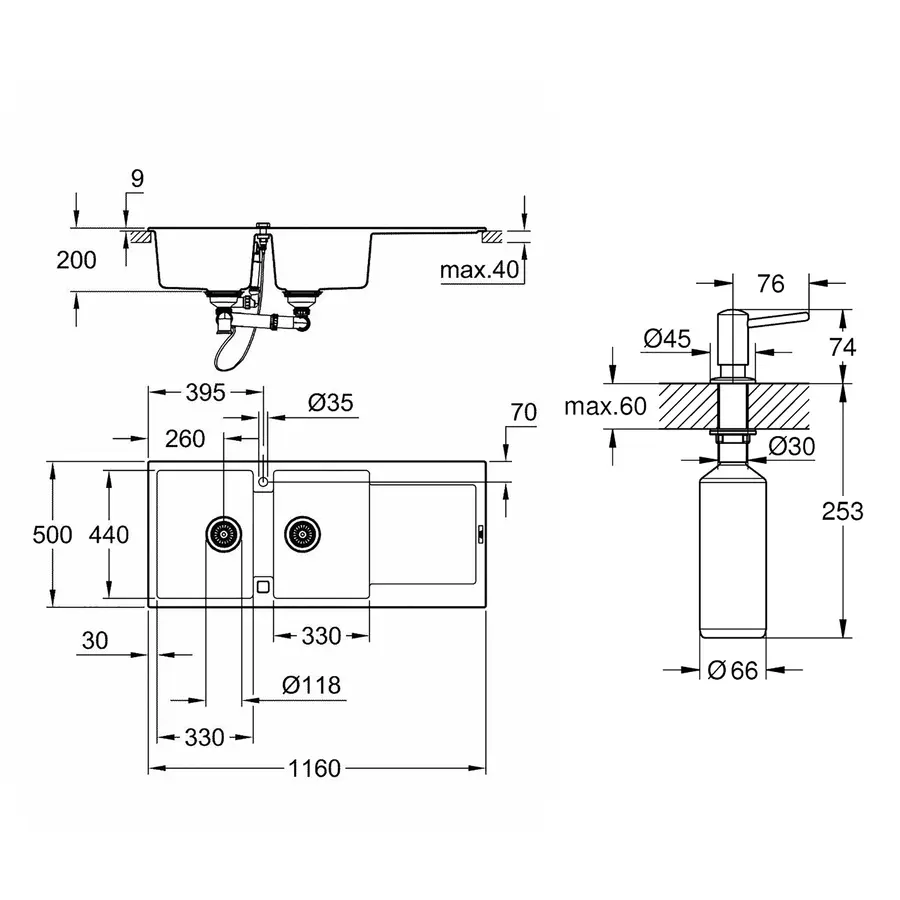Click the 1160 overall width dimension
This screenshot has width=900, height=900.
[315, 769]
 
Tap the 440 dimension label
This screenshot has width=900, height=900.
[109, 535]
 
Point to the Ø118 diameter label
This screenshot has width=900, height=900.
[311, 685]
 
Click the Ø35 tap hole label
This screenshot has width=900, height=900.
[331, 403]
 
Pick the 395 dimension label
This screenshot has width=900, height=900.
[205, 392]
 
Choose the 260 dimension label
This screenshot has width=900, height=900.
[184, 438]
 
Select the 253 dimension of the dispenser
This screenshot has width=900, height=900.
[843, 511]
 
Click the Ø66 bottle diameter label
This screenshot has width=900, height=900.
[732, 671]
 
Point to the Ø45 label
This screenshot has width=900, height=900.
[668, 339]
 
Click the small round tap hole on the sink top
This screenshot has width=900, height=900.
[262, 483]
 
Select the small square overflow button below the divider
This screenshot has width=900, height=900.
[262, 587]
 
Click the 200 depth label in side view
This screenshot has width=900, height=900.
[77, 261]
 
